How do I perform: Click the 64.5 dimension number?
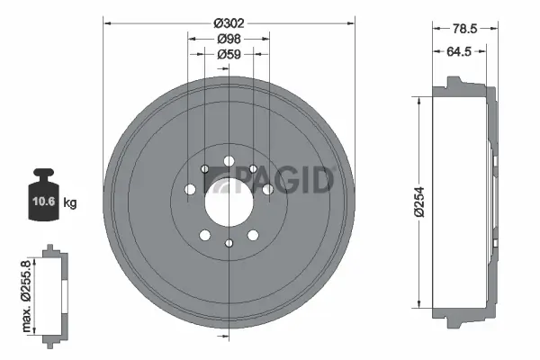tap(461, 51)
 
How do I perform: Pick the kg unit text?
tap(70, 203)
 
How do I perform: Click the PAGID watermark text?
tap(270, 181)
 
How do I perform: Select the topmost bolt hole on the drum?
tap(229, 161)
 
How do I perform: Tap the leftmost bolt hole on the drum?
tap(190, 189)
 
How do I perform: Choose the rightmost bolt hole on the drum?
tap(267, 189)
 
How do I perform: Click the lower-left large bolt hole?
tap(205, 234)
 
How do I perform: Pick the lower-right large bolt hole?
tap(253, 234)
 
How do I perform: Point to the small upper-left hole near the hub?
tap(205, 168)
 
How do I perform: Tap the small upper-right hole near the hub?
tap(253, 168)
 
